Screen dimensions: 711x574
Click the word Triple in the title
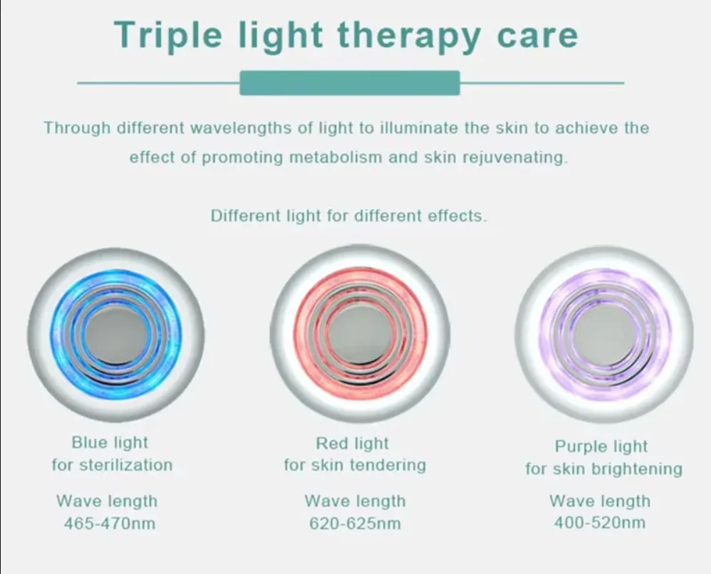click(x=168, y=36)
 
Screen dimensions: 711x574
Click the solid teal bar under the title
click(x=350, y=83)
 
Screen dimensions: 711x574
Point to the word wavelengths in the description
click(x=241, y=128)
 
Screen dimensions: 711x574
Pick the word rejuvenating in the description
click(x=514, y=158)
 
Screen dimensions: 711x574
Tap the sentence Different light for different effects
click(x=348, y=215)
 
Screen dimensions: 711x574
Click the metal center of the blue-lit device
click(x=115, y=335)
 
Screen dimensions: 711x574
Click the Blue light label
click(x=110, y=442)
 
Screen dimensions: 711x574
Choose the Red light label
click(x=353, y=444)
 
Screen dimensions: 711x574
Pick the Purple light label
click(x=601, y=447)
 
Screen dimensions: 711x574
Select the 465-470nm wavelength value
click(x=110, y=523)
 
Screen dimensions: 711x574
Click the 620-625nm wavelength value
click(x=355, y=523)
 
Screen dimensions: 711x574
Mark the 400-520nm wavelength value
click(x=600, y=523)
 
